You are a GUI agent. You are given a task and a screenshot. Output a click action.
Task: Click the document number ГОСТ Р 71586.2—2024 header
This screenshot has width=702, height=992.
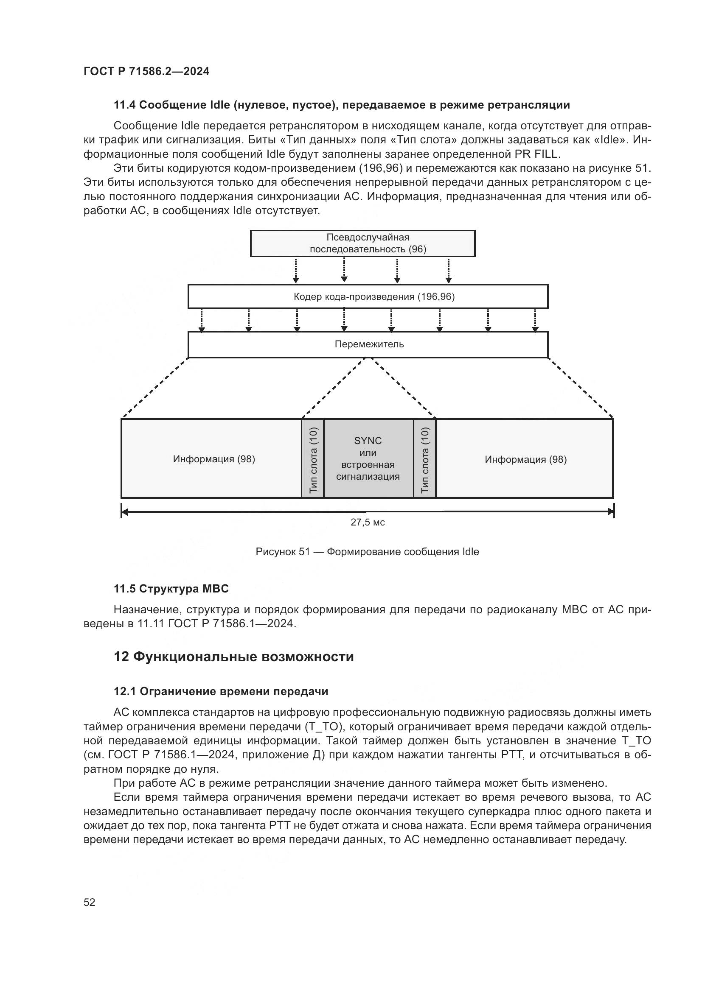click(146, 72)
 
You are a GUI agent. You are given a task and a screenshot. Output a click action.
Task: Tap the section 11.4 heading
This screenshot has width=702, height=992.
click(342, 105)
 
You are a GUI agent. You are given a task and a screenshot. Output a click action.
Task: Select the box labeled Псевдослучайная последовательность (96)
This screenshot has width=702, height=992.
click(362, 243)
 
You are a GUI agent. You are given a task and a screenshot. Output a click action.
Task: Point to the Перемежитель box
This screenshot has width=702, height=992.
click(368, 344)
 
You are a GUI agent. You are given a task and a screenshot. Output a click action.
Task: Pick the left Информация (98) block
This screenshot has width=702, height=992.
click(214, 459)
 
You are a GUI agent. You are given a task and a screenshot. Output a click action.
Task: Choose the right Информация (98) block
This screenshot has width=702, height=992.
click(525, 459)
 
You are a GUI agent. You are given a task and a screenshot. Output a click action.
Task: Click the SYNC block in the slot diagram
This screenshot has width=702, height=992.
click(368, 458)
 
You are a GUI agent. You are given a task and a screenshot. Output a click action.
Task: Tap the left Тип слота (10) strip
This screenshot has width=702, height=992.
click(313, 459)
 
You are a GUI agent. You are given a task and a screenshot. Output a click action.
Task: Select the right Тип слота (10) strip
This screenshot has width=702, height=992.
click(424, 459)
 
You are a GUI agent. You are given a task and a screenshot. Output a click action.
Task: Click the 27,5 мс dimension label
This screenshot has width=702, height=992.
click(368, 523)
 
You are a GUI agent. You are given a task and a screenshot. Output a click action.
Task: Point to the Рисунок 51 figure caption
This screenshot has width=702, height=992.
click(368, 552)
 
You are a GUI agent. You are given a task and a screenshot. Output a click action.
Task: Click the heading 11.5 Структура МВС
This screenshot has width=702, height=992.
click(171, 589)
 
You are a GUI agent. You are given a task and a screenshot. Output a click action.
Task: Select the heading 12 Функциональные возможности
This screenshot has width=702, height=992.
click(233, 657)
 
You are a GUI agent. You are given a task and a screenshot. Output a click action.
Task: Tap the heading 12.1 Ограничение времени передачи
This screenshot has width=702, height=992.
click(221, 691)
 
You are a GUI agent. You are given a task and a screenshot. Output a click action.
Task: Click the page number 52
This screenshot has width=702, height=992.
click(90, 902)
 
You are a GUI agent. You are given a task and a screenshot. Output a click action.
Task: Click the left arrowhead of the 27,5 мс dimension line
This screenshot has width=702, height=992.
click(125, 512)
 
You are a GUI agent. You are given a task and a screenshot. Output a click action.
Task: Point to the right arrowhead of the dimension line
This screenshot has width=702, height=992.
click(610, 512)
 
